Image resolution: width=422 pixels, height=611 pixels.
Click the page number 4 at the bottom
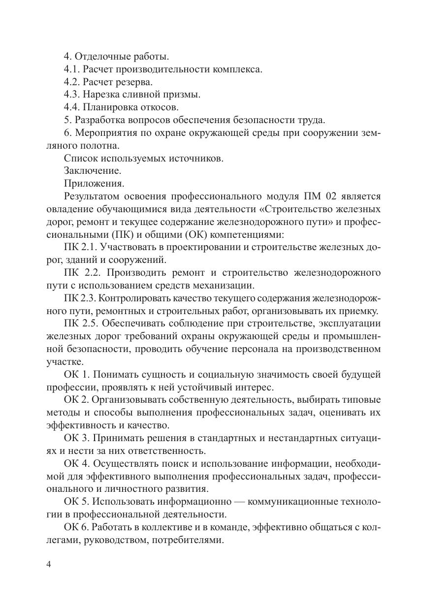tap(49, 565)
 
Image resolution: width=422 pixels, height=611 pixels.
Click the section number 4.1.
tap(72, 69)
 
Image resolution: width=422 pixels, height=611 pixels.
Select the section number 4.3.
tap(72, 94)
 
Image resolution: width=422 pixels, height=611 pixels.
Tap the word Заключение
tap(93, 171)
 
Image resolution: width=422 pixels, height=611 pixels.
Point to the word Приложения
tap(94, 184)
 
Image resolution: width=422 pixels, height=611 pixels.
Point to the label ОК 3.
tap(76, 438)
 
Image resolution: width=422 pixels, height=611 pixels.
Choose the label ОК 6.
tap(76, 527)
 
